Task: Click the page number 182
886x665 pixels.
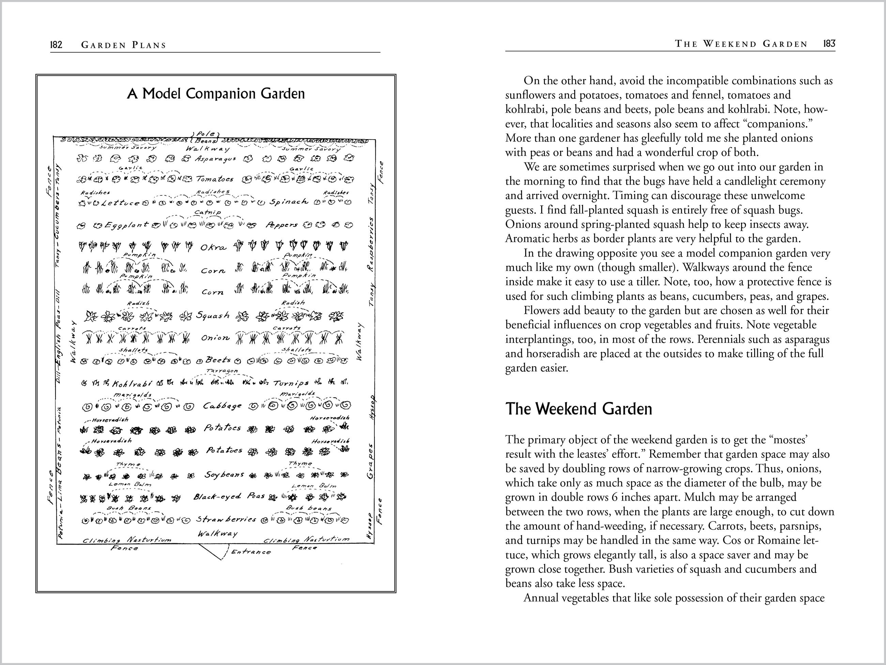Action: coord(56,44)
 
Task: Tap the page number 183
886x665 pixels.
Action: coord(829,44)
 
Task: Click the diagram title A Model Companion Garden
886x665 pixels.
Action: coord(216,93)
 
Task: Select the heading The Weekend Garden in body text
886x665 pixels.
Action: coord(578,409)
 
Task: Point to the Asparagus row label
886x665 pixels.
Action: coord(215,159)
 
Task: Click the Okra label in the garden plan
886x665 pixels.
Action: coord(213,247)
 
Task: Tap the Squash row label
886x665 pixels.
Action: coord(213,315)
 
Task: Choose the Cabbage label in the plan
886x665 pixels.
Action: coord(222,406)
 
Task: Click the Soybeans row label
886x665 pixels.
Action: coord(224,475)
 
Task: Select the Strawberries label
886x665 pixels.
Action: coord(226,519)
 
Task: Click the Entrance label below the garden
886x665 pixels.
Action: coord(251,552)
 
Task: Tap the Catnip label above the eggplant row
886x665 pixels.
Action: coord(207,212)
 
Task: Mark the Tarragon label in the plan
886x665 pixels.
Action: coord(222,371)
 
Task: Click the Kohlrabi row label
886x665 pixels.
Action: coord(132,384)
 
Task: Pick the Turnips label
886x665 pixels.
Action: coord(291,383)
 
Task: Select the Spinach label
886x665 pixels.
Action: coord(289,202)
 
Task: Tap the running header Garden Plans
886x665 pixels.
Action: coord(123,45)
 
